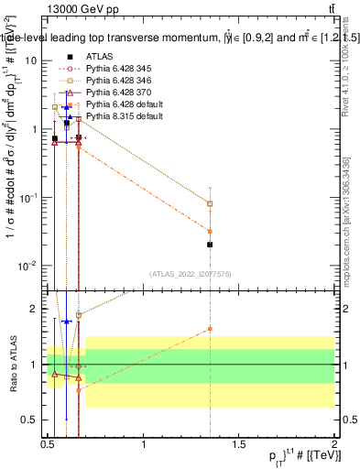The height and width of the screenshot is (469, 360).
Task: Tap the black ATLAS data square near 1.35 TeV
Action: [211, 245]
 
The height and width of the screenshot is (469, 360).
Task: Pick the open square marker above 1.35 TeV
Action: [211, 203]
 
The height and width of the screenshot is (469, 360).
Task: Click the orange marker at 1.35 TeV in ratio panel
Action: [211, 329]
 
